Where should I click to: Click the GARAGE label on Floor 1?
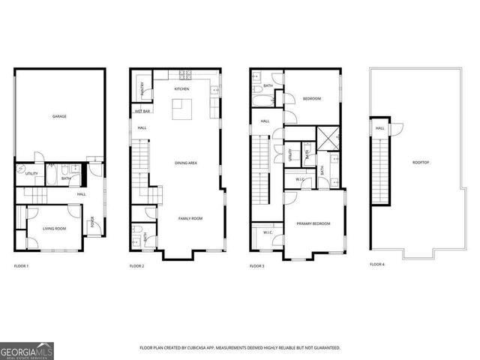coord(59,117)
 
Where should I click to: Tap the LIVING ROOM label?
coord(53,229)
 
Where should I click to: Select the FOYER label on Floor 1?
coord(93,222)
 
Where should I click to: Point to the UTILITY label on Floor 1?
coord(31,174)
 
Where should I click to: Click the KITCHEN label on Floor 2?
coord(181,89)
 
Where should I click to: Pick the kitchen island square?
coord(181,109)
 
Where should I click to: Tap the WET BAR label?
coord(142,111)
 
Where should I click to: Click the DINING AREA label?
coord(186,163)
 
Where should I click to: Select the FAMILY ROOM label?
coord(190,218)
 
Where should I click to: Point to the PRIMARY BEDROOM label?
coord(313,223)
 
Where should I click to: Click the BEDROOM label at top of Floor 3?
coord(311,99)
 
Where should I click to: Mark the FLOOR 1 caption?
coord(21,266)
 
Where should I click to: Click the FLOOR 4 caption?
coord(376,265)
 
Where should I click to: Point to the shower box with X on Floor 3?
coord(328,138)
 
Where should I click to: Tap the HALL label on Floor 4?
coord(380,128)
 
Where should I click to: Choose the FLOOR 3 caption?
coord(257,266)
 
